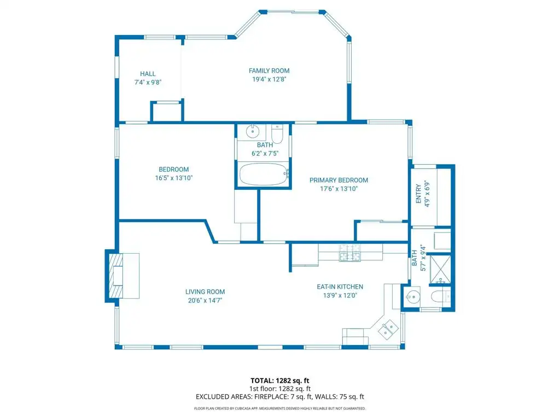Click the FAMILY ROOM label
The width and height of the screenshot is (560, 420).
[x=269, y=71]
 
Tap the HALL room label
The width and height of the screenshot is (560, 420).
[x=148, y=74]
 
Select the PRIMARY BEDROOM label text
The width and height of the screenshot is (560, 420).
[x=339, y=180]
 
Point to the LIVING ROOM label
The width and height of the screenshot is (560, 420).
[x=205, y=292]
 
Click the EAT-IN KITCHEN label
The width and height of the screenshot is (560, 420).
[x=340, y=287]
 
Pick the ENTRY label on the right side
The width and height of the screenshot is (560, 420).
[x=418, y=194]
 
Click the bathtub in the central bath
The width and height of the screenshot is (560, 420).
[x=264, y=174]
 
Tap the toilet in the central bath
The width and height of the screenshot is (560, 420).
[x=277, y=133]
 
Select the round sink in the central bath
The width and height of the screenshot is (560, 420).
[x=253, y=131]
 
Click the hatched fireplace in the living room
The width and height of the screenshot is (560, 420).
[x=116, y=276]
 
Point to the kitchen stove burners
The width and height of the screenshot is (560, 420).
[x=349, y=253]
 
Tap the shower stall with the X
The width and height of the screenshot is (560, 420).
[x=440, y=270]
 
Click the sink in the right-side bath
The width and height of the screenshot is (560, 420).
[x=413, y=296]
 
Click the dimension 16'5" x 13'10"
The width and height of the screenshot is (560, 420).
[x=173, y=178]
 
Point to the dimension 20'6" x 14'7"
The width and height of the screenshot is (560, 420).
[x=205, y=300]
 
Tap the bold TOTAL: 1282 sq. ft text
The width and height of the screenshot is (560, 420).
[x=279, y=381]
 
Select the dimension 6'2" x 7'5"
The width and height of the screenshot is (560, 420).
[x=265, y=154]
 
